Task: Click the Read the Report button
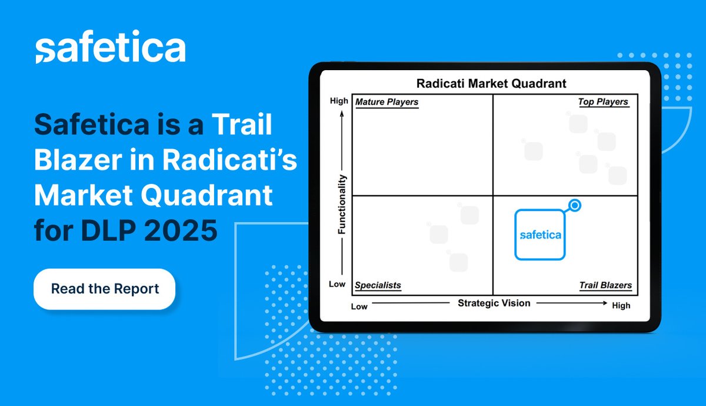tap(105, 289)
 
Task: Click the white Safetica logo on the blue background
tap(110, 49)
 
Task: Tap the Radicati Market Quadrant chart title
tap(491, 84)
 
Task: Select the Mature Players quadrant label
tap(387, 103)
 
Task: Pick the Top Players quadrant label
tap(603, 103)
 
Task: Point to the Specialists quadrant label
tap(378, 286)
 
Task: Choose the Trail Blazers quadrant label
tap(605, 286)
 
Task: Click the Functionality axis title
tap(342, 204)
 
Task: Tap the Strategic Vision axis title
tap(494, 303)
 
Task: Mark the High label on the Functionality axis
tap(339, 101)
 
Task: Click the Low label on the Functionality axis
tap(337, 284)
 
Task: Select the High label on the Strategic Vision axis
tap(621, 305)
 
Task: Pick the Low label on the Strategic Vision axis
tap(359, 306)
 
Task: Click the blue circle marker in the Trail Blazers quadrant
tap(575, 206)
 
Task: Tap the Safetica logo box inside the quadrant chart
tap(540, 235)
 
